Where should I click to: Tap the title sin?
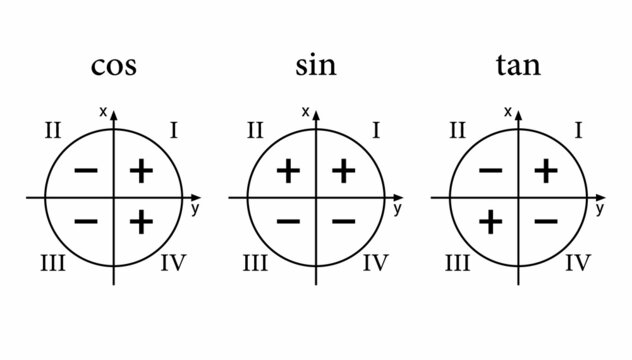coord(316,67)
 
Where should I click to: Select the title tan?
coord(518,67)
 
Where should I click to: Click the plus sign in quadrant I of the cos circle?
coord(142,172)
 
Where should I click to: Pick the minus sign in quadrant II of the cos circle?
coord(86,172)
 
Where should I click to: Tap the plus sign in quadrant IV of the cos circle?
coord(142,220)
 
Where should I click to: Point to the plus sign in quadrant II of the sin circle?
coord(288,172)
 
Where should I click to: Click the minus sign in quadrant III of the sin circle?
coord(288,220)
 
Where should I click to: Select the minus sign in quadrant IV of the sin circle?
coord(344,220)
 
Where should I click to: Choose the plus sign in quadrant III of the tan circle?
coord(490,220)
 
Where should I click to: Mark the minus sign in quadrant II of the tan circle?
coord(490,172)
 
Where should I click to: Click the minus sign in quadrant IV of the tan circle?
coord(546,220)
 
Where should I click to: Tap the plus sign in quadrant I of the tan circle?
coord(546,172)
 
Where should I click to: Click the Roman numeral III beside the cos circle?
coord(52,264)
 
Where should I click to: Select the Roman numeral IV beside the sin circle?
coord(375,264)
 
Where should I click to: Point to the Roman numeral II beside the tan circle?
coord(458,130)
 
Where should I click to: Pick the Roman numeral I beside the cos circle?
coord(174,130)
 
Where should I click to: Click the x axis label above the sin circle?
coord(305,111)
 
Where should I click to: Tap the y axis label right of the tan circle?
coord(600,210)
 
